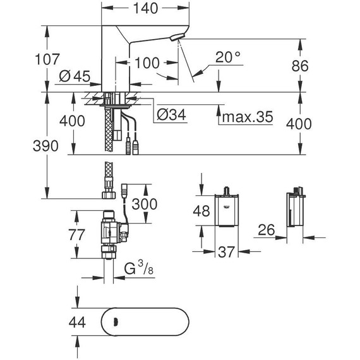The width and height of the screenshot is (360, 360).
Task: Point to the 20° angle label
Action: point(228,57)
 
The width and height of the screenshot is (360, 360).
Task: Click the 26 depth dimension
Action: point(265,232)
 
